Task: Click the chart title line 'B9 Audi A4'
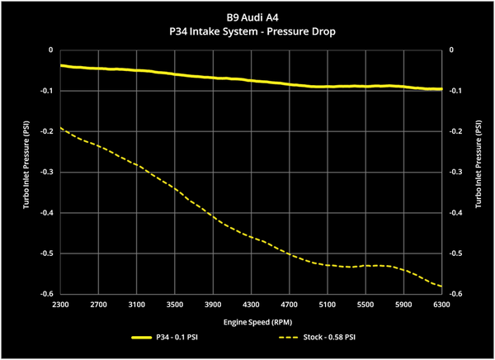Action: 252,17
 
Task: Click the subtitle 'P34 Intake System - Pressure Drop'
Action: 252,31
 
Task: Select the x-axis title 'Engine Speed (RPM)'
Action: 257,322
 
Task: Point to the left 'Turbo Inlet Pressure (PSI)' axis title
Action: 26,164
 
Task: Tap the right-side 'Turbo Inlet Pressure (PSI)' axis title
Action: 478,163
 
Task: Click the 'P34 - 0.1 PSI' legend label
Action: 177,337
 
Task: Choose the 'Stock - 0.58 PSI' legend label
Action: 329,337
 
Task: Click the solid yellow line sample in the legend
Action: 141,338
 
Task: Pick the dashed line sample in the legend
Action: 289,338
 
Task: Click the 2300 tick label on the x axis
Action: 60,305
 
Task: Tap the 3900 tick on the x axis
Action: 213,305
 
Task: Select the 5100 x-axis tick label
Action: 328,305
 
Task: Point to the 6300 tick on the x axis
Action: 441,305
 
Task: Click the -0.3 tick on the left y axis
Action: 47,172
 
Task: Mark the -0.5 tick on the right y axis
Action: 455,253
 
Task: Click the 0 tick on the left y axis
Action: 51,50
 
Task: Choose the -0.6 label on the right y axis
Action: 455,294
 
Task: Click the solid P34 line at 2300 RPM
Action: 60,65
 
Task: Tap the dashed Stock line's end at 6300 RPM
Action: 441,287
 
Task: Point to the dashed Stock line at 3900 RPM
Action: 213,217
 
